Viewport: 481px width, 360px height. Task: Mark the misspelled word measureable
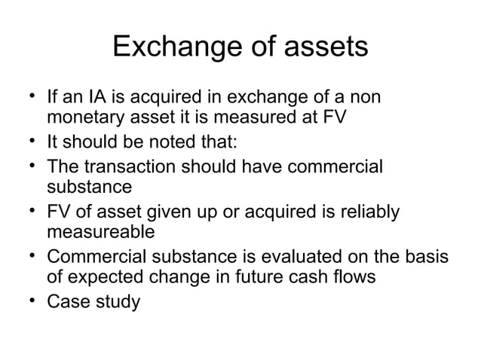100,230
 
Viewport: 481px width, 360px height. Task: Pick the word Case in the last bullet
69,301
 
